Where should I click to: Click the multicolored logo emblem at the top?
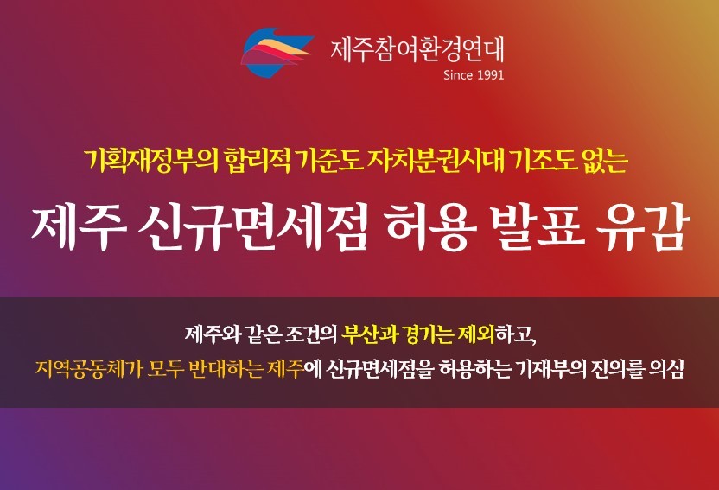277,51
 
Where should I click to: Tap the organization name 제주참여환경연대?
417,49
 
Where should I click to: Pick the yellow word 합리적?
257,161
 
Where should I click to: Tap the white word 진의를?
618,368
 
